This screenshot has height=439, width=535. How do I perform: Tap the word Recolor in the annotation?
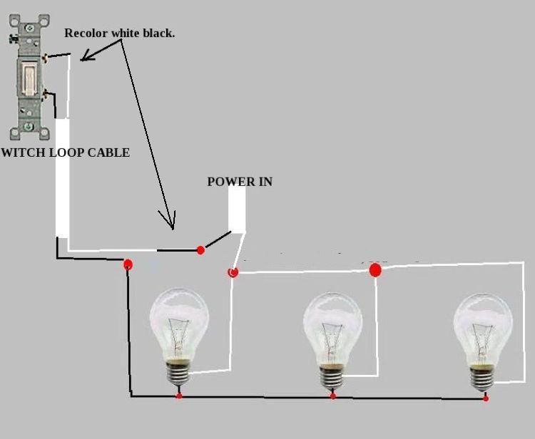(x=86, y=33)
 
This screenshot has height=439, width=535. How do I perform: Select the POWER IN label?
(x=240, y=182)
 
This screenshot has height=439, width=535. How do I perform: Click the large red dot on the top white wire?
(x=375, y=270)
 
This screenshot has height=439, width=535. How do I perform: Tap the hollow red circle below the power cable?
(x=232, y=272)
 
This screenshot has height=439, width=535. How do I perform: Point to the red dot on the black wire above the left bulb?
(x=128, y=264)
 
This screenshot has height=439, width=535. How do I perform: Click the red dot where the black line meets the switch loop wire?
(x=200, y=249)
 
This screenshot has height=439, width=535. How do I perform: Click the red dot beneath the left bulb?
(x=178, y=395)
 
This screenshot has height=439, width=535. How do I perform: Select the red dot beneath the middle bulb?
(x=332, y=396)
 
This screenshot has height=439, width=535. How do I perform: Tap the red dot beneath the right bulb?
(x=486, y=398)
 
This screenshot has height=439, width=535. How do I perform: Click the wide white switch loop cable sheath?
(x=63, y=178)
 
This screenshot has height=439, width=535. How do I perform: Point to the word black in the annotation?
(x=158, y=33)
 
